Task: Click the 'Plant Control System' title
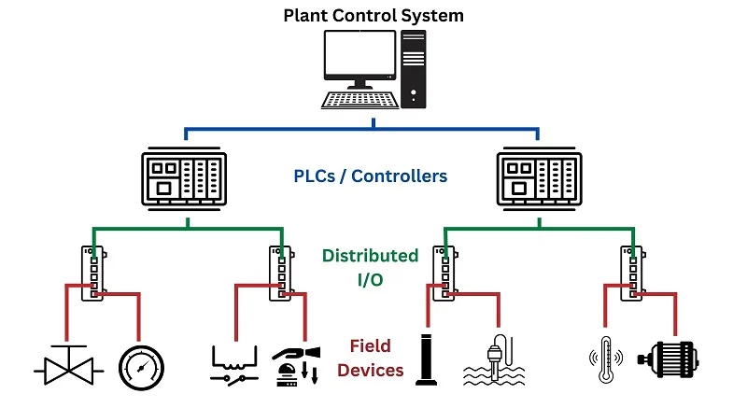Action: (373, 15)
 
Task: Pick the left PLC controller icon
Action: (185, 178)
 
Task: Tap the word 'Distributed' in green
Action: (371, 255)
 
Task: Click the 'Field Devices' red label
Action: (371, 358)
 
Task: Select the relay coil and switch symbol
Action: (233, 363)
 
